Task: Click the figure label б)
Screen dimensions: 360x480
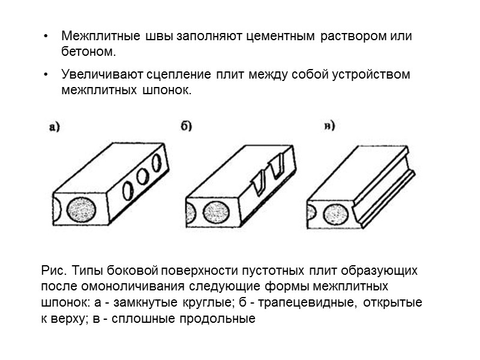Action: [x=186, y=125]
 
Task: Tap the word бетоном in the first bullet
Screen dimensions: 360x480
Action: [x=88, y=52]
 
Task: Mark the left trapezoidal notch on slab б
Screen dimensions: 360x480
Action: [x=257, y=180]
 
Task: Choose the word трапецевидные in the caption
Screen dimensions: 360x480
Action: [x=310, y=303]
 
